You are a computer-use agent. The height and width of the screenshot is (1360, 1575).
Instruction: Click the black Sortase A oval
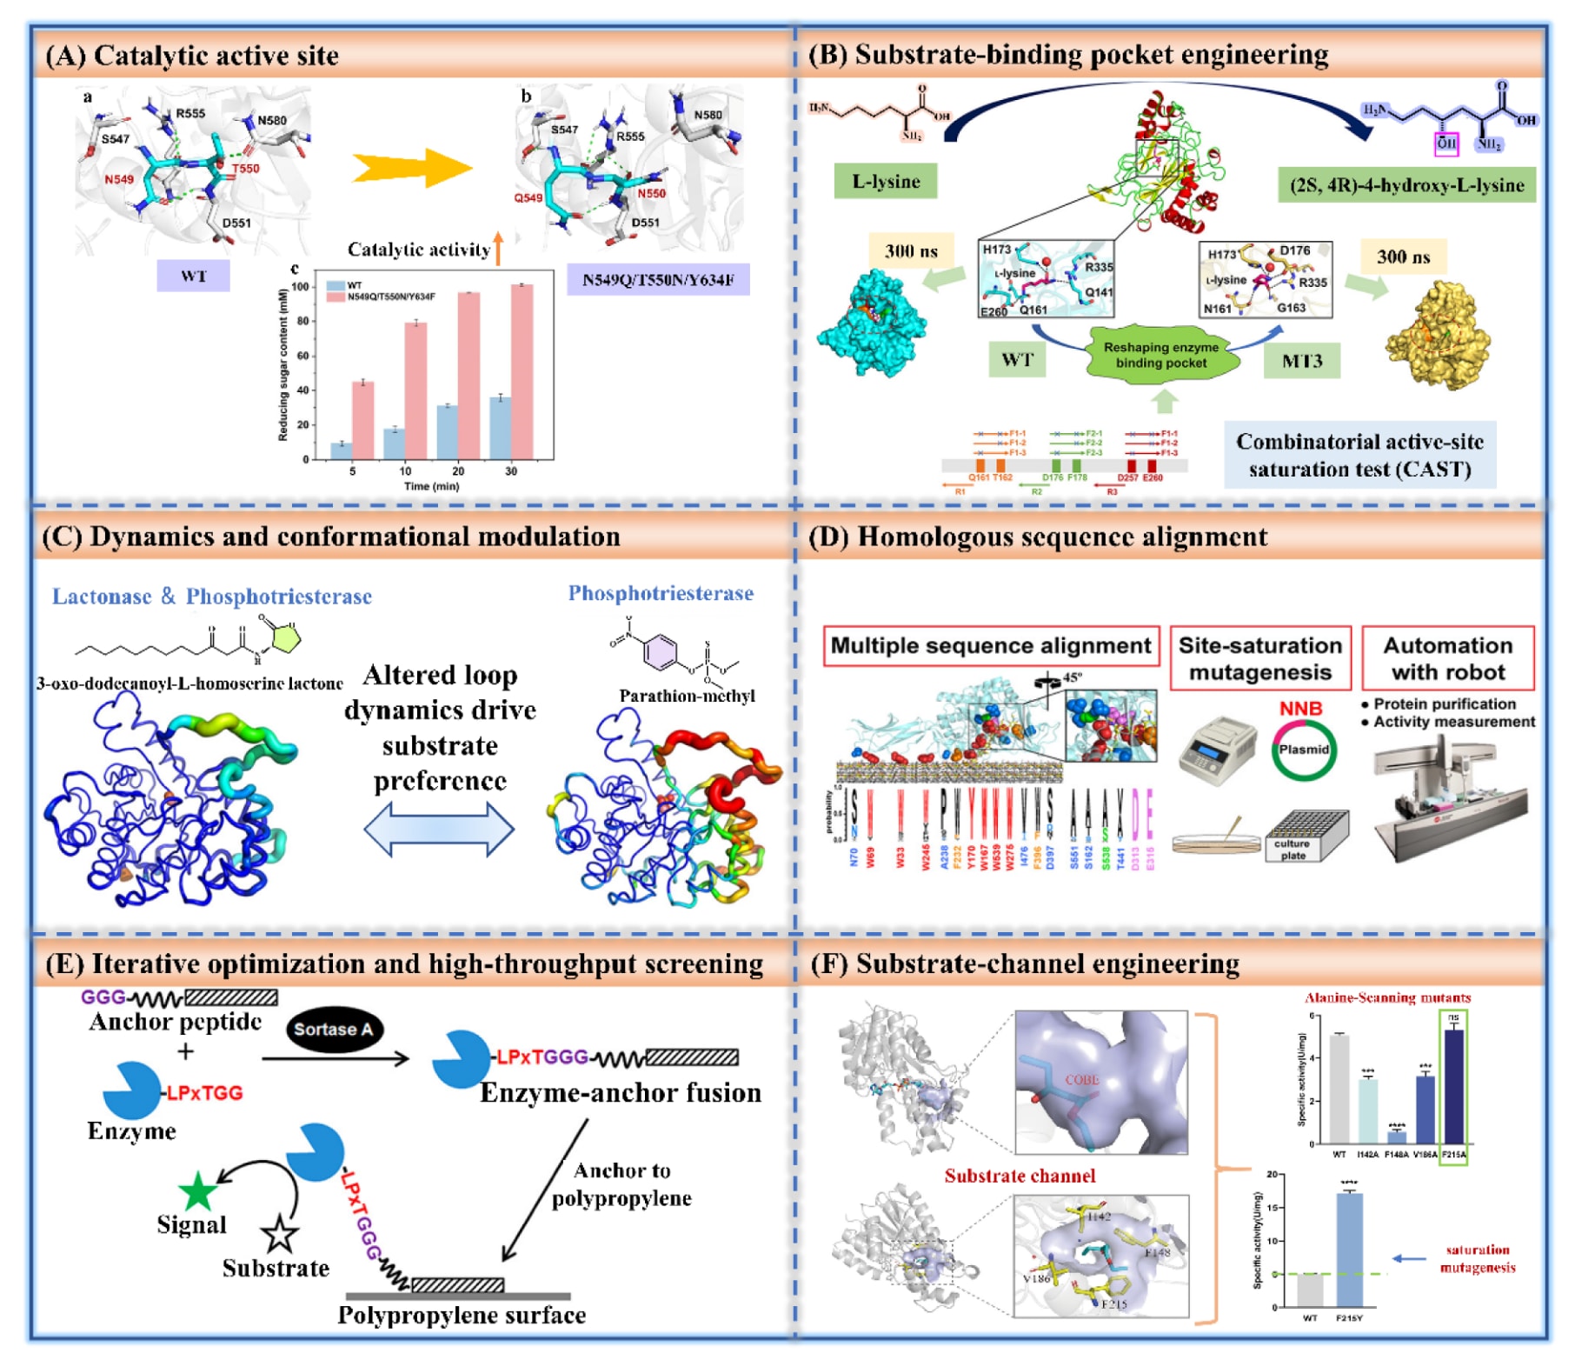coord(334,1030)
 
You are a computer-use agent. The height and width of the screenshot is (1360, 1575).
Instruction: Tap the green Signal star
coord(197,1191)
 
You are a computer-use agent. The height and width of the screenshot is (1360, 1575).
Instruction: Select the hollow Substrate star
coord(280,1233)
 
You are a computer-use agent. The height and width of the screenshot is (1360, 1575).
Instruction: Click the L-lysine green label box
coord(885,181)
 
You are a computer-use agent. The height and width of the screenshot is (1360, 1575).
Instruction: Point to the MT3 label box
coord(1301,360)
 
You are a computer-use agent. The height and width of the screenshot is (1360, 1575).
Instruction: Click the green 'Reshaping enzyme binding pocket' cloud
coord(1161,355)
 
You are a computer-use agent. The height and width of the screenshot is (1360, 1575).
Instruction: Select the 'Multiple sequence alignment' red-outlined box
coord(991,646)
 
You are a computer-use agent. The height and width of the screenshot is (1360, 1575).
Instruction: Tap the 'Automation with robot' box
coord(1447,658)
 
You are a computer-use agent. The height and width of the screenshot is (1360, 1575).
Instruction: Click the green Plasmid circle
coord(1303,750)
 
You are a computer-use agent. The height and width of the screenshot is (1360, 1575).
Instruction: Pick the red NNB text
coord(1300,709)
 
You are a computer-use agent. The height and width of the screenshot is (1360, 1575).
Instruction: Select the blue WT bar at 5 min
coord(342,450)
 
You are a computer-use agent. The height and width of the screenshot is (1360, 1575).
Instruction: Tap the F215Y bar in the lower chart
coord(1349,1249)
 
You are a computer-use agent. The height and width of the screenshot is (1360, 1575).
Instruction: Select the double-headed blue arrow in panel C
coord(439,828)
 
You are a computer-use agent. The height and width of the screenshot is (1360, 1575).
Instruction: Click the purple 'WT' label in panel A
coord(193,276)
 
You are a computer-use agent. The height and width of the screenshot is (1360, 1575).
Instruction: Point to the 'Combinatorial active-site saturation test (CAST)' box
coord(1359,456)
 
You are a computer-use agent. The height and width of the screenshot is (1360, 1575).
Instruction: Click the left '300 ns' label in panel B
coord(911,251)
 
